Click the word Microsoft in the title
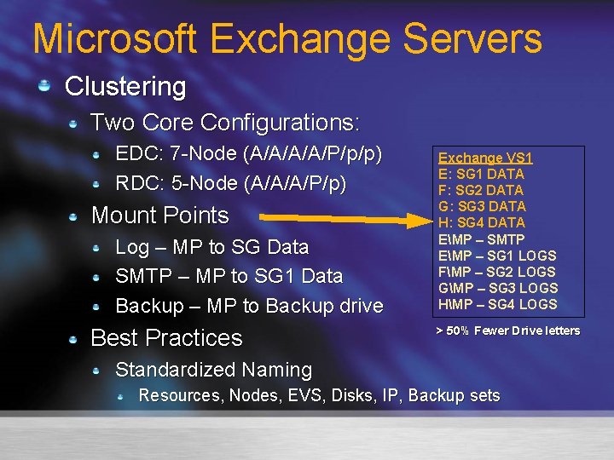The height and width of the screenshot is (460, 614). (x=113, y=39)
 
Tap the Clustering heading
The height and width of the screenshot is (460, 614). (x=125, y=86)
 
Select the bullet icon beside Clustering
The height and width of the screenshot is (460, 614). (x=46, y=85)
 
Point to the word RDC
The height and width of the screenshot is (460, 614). (x=135, y=183)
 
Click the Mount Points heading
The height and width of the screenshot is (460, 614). (x=159, y=216)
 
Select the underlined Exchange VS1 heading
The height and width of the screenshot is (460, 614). (x=485, y=158)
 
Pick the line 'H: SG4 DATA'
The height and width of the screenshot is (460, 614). (x=482, y=222)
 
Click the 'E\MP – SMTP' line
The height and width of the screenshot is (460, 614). (x=481, y=239)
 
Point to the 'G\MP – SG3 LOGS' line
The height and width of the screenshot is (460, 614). (x=497, y=288)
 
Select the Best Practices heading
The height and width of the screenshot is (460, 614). (x=166, y=338)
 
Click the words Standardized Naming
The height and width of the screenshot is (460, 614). (x=213, y=370)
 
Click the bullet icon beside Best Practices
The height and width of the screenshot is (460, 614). (x=74, y=338)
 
